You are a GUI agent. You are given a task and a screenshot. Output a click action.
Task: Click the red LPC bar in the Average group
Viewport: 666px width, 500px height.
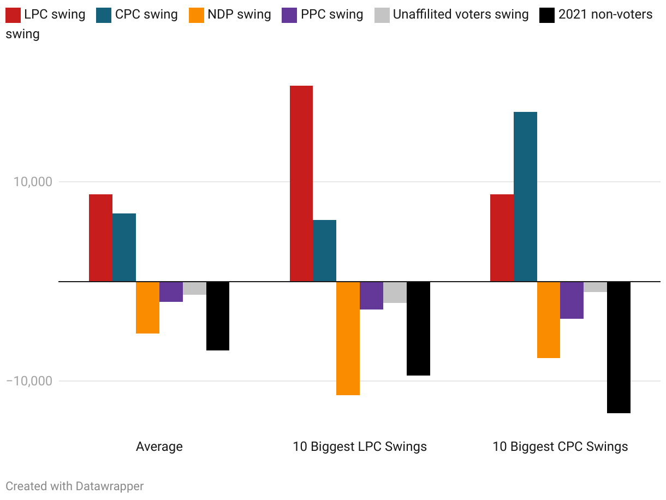coord(100,238)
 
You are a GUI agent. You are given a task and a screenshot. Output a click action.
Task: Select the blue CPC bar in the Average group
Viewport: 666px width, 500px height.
coord(124,247)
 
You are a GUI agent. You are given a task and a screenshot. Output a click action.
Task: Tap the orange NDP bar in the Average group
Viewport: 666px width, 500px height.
coord(147,307)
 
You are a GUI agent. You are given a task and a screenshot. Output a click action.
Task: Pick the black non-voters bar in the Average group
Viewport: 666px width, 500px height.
coord(218,316)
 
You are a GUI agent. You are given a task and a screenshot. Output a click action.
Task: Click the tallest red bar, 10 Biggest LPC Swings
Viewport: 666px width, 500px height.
coord(301,183)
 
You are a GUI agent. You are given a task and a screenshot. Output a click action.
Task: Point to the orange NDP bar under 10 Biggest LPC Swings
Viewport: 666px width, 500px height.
coord(348,338)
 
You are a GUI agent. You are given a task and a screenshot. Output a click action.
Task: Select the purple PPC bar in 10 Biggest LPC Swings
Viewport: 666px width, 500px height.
coord(371,295)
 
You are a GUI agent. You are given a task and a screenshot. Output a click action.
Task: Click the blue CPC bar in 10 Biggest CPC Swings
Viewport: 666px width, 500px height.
coord(525,197)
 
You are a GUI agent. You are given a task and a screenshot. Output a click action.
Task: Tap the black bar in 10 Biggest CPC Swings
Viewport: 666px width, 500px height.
coord(619,347)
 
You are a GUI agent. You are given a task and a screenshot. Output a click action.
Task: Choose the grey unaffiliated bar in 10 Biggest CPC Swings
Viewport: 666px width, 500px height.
coord(595,287)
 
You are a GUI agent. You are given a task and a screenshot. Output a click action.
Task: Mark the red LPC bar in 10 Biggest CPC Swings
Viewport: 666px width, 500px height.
coord(502,238)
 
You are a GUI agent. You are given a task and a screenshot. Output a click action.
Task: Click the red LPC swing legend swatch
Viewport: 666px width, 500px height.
coord(13,14)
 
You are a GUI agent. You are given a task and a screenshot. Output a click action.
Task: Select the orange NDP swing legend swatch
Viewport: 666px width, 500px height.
coord(197,14)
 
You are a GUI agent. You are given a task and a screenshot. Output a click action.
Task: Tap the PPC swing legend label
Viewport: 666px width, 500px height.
coord(332,14)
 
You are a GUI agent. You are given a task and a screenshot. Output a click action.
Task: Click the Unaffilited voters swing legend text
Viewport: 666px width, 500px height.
coord(460,14)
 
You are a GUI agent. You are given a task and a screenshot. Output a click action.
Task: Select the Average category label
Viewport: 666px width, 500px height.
coord(159,447)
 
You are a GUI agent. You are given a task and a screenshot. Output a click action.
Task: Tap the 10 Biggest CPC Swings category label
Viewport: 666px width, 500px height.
coord(560,447)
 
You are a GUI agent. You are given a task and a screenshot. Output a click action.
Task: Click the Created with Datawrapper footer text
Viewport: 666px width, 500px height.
coord(75,486)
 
